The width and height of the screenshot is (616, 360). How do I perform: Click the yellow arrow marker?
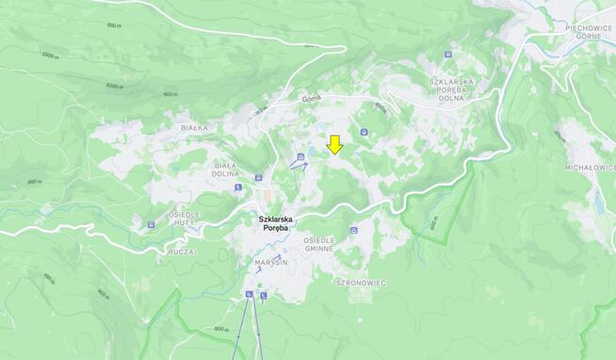[334, 144]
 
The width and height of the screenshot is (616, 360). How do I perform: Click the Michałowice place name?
[590, 166]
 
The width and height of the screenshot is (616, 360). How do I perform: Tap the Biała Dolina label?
[225, 168]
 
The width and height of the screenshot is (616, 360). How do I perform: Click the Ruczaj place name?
[183, 253]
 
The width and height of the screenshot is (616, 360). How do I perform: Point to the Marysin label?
[270, 262]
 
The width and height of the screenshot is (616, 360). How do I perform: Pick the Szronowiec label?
[362, 282]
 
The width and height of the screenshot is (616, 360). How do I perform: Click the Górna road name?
[312, 97]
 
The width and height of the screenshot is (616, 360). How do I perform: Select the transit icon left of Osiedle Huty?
[151, 225]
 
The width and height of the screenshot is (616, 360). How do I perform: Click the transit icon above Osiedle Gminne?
[354, 229]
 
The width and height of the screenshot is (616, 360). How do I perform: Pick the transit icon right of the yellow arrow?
[364, 132]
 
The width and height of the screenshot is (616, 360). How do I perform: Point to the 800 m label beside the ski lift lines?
[221, 329]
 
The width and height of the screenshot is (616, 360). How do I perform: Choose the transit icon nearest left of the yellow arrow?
[300, 156]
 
